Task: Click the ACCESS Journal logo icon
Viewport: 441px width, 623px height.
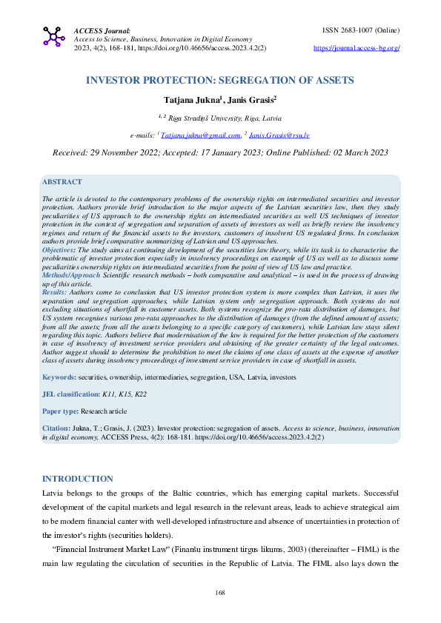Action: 54,36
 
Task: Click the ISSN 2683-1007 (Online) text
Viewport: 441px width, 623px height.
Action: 362,30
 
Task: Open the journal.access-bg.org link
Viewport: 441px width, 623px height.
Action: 357,47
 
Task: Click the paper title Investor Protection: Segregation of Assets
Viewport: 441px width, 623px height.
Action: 220,79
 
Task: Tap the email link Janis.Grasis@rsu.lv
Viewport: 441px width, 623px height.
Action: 279,135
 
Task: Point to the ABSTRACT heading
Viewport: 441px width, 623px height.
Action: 62,181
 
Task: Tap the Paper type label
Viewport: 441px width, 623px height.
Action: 61,411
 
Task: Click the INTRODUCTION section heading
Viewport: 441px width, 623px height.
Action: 78,479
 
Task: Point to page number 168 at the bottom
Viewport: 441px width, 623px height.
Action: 220,593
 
